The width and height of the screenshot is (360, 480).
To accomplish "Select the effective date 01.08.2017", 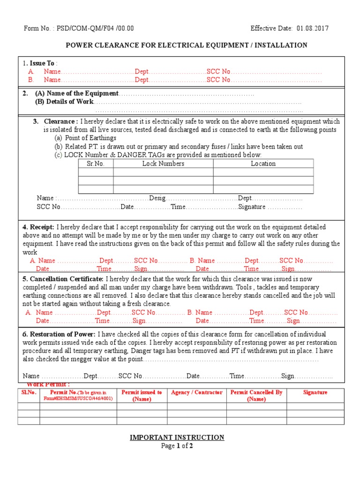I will point(312,28).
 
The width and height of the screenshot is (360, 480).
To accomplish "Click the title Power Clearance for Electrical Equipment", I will point(186,45).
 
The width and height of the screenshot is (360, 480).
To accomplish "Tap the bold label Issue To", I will point(42,63).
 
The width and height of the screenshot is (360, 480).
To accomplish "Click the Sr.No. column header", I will point(96,164).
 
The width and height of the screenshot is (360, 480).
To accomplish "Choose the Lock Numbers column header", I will point(163,164).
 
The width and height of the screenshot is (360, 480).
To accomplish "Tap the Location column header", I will point(263,164).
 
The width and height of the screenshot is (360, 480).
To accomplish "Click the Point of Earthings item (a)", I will point(85,138).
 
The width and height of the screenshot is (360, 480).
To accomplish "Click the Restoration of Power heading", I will point(59,334).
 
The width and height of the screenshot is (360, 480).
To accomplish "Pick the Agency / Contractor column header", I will point(196,392).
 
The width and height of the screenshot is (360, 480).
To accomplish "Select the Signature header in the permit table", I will point(315,392).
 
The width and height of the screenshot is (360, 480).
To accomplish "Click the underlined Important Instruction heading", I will point(177,437).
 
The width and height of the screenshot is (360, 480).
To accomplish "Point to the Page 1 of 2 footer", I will point(177,446).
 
